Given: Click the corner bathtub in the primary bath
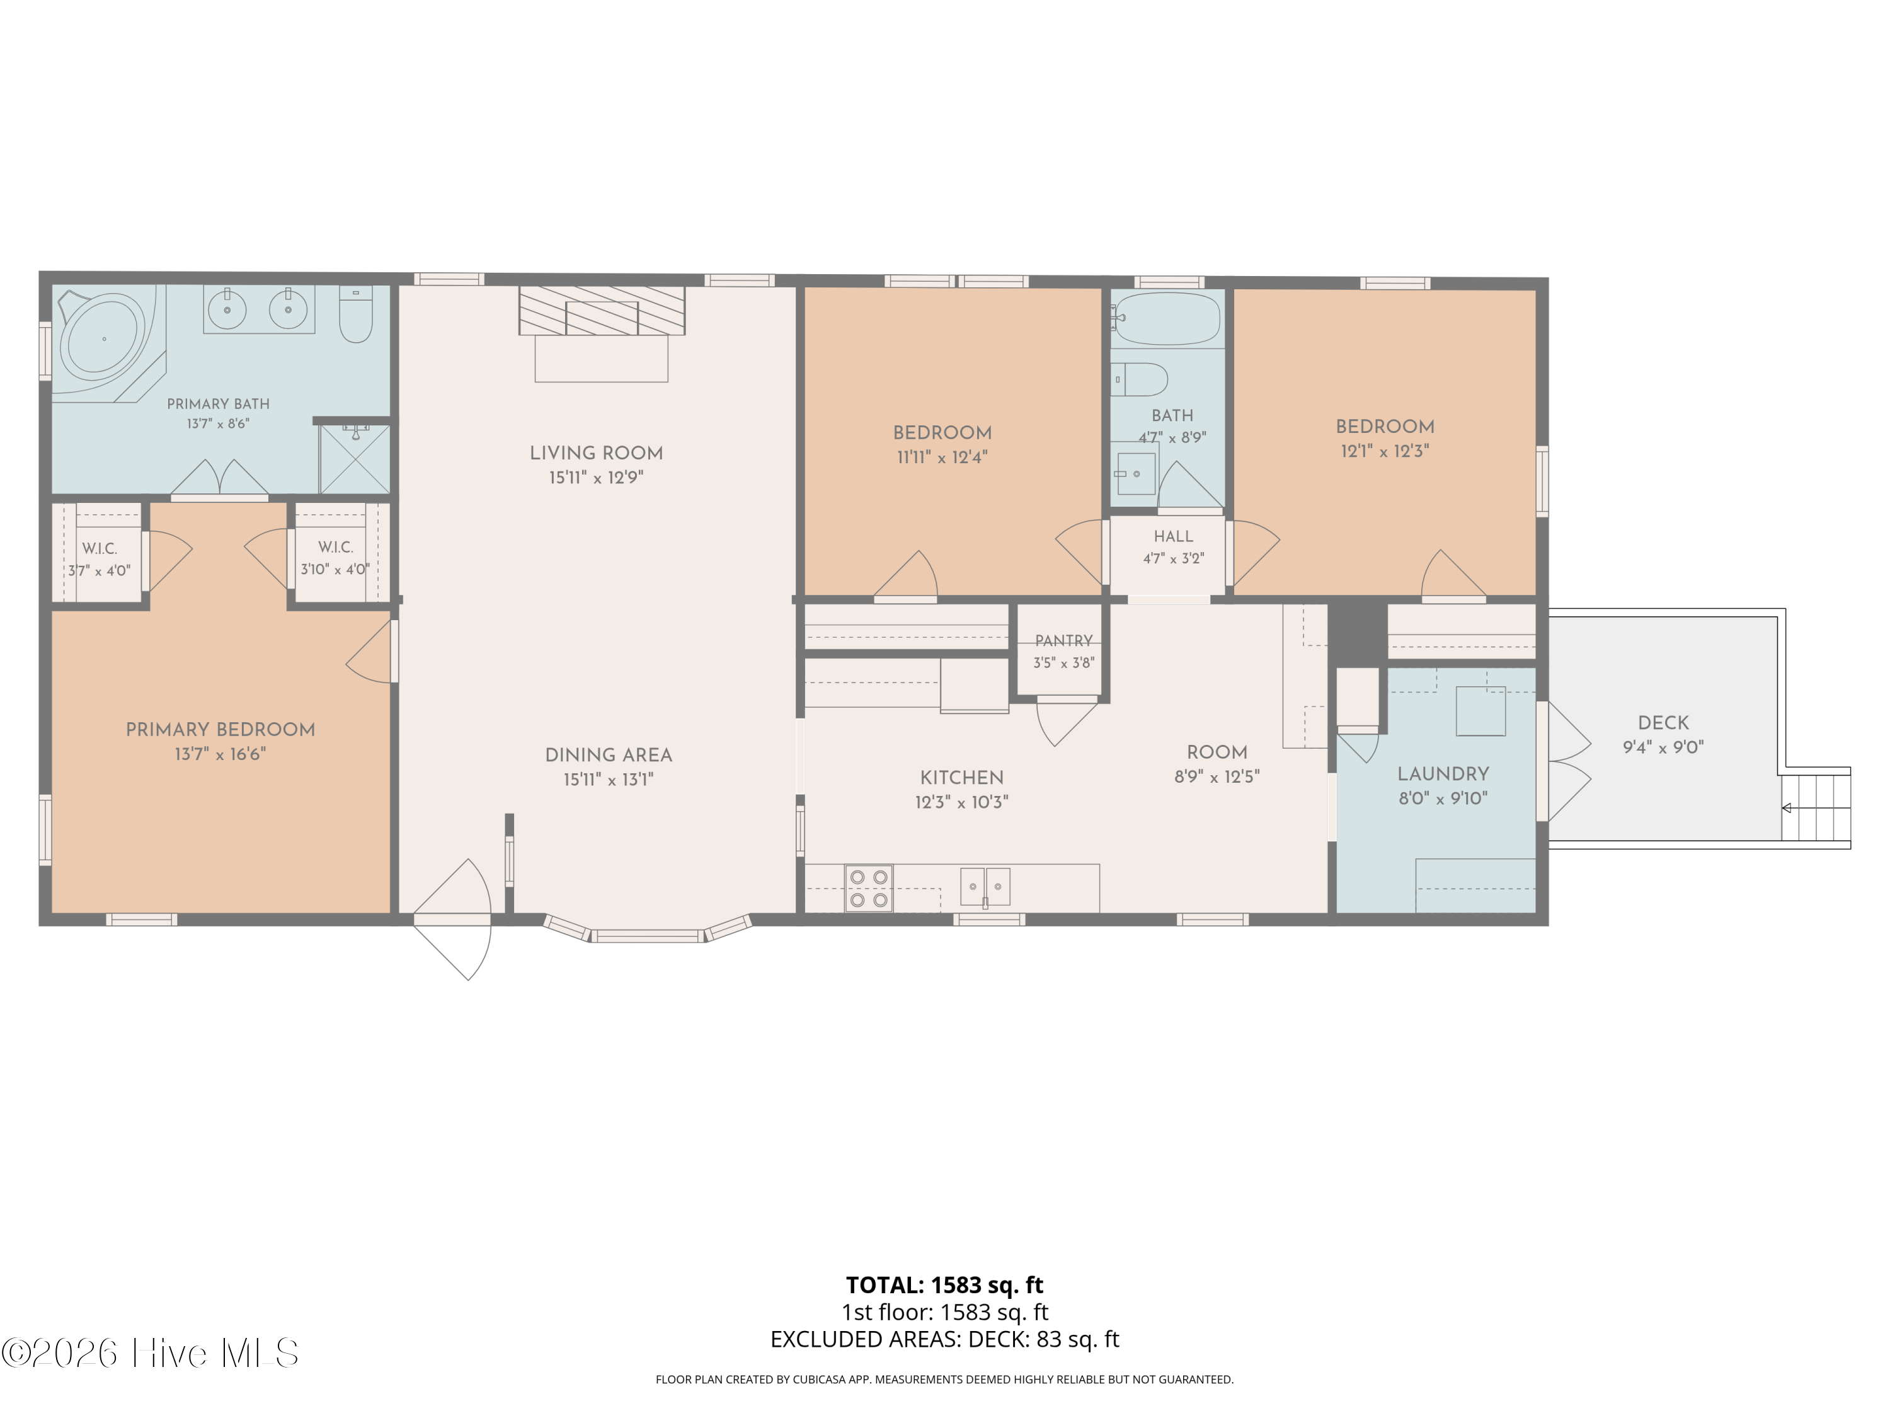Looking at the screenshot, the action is pyautogui.click(x=103, y=338).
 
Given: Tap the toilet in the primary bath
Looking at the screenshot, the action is pyautogui.click(x=355, y=314).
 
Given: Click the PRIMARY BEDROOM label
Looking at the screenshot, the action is pyautogui.click(x=220, y=729).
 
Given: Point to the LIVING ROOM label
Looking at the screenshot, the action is pyautogui.click(x=597, y=453).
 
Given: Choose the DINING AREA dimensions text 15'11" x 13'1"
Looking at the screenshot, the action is pyautogui.click(x=609, y=780).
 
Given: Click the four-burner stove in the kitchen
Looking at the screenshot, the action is pyautogui.click(x=869, y=888).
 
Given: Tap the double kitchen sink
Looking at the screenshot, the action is pyautogui.click(x=985, y=886).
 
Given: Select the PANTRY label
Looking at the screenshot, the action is pyautogui.click(x=1064, y=640).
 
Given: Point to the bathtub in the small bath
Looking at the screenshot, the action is pyautogui.click(x=1167, y=319).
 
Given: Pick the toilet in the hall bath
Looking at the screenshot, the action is pyautogui.click(x=1139, y=379).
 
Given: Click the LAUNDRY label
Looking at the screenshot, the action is pyautogui.click(x=1443, y=773).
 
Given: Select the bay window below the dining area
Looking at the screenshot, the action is pyautogui.click(x=648, y=929).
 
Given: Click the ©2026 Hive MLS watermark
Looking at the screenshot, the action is pyautogui.click(x=151, y=1353).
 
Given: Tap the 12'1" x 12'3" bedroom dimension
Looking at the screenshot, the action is pyautogui.click(x=1385, y=451).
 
